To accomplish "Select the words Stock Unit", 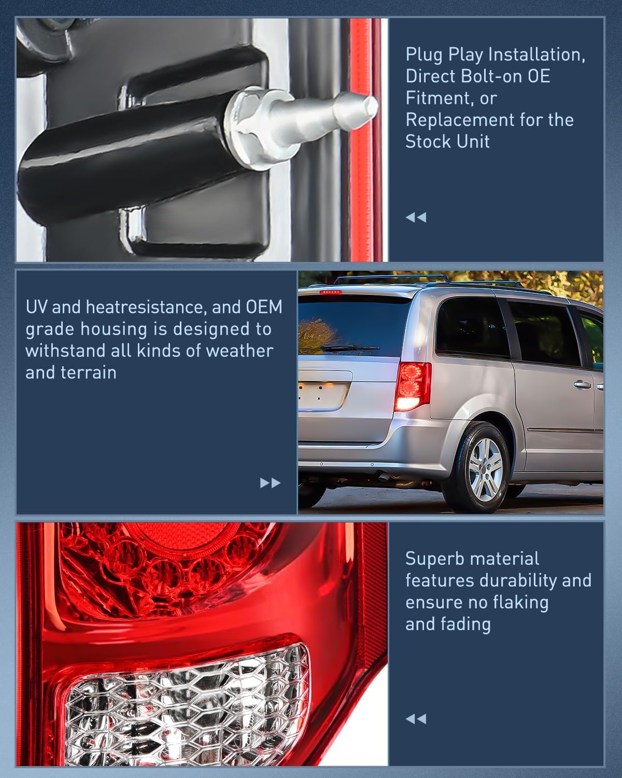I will pyautogui.click(x=447, y=142).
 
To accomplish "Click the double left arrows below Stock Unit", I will pyautogui.click(x=416, y=217).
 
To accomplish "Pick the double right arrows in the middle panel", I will pyautogui.click(x=270, y=483).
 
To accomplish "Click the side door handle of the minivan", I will pyautogui.click(x=583, y=385).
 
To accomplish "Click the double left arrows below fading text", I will pyautogui.click(x=416, y=719).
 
